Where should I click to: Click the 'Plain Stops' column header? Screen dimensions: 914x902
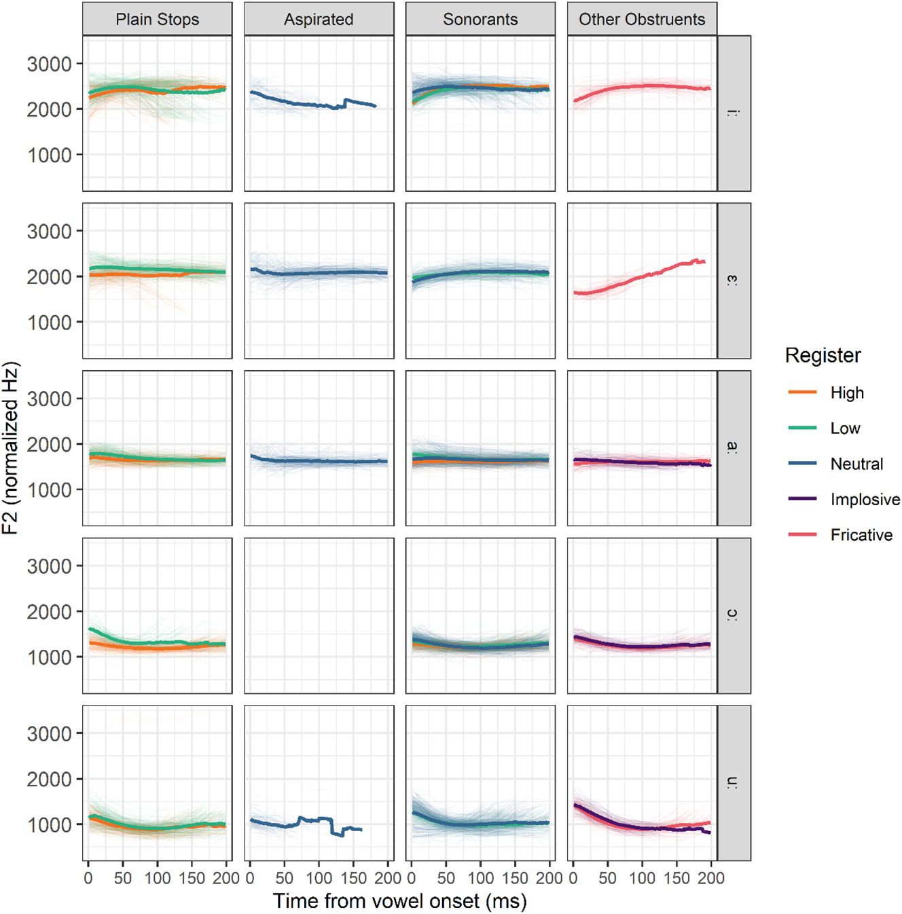(157, 19)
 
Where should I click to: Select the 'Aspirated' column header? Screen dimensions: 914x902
(319, 19)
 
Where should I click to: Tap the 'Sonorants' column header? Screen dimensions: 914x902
(480, 19)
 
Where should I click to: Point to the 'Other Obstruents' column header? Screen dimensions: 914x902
(642, 19)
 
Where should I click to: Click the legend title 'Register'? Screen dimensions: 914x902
(823, 355)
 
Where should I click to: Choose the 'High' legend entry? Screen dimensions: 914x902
(846, 392)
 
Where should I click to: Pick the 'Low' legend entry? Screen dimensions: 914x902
(845, 428)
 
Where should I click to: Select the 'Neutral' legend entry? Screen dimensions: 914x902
(856, 464)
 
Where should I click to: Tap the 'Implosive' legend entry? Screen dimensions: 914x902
(865, 500)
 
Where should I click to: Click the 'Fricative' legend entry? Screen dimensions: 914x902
(861, 535)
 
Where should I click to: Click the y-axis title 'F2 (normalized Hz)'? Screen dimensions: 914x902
(10, 448)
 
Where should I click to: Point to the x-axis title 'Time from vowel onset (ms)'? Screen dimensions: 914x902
(399, 901)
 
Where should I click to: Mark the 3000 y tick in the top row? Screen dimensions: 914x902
(49, 64)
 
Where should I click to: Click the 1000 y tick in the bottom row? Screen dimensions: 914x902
(49, 824)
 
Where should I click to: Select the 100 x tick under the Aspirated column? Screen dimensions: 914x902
(319, 878)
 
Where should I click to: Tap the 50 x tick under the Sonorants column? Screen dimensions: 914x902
(446, 878)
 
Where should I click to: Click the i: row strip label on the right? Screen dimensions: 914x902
(734, 113)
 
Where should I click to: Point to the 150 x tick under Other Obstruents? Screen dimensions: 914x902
(676, 878)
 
